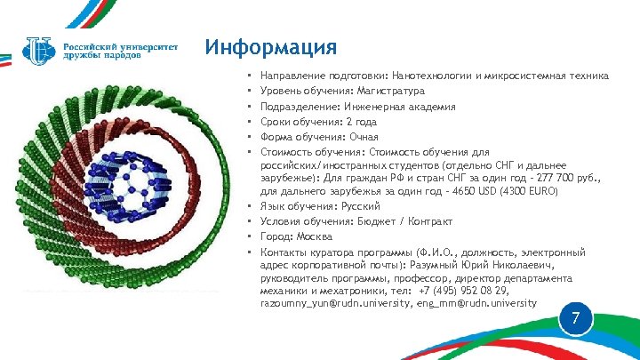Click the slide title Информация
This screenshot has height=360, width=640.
(270, 47)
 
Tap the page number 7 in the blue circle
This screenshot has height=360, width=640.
(576, 318)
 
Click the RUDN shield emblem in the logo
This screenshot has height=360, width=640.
(40, 49)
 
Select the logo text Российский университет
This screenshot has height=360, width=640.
(120, 43)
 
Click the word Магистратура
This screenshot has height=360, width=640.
(389, 91)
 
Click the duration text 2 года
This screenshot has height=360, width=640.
(361, 121)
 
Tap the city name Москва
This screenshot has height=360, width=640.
(315, 236)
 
